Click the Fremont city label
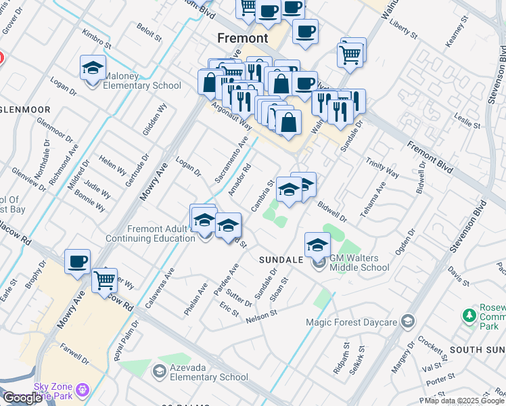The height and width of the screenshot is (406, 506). (x=243, y=38)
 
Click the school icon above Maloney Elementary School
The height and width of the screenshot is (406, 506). (x=93, y=68)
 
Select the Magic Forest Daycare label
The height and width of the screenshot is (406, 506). (x=350, y=322)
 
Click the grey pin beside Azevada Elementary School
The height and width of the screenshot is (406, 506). (x=159, y=370)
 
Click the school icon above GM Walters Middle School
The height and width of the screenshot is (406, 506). (x=317, y=245)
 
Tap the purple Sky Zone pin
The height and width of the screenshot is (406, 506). (x=83, y=390)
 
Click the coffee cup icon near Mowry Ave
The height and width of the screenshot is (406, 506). (x=77, y=262)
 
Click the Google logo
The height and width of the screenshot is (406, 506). (x=23, y=398)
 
